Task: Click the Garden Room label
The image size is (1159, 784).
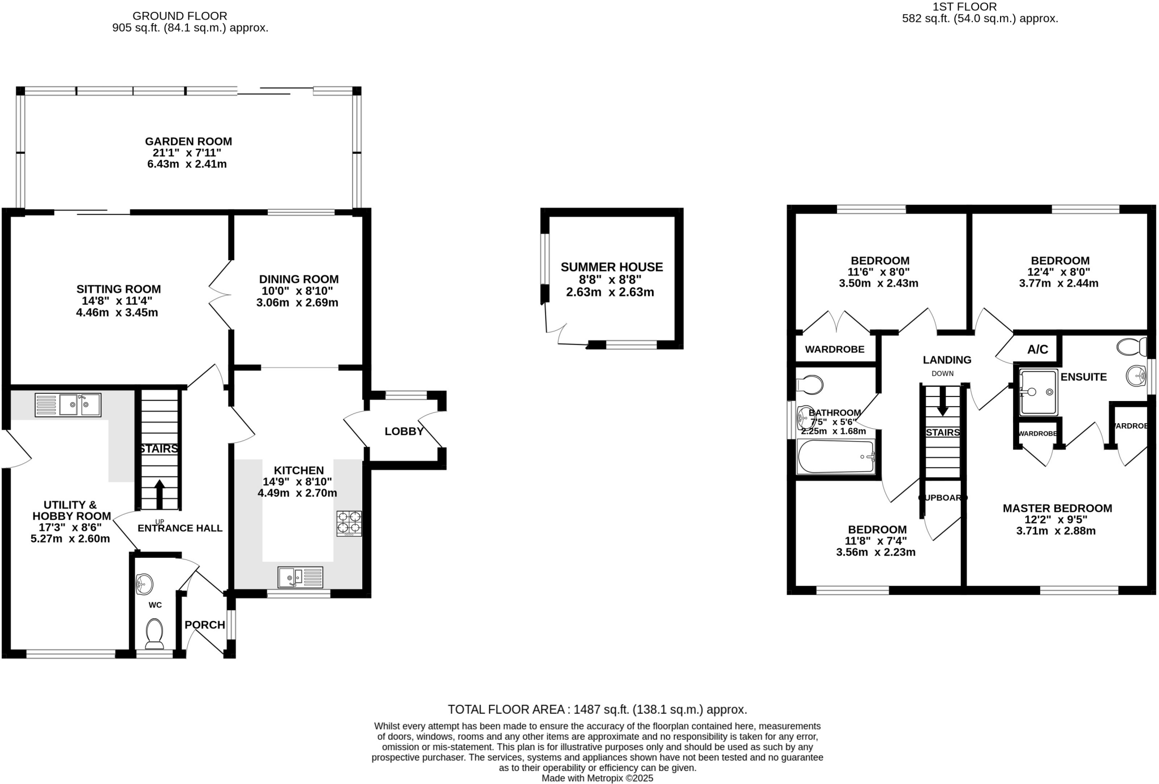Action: pyautogui.click(x=188, y=141)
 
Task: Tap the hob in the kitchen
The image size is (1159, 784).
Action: pyautogui.click(x=349, y=523)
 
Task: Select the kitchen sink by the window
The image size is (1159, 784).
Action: pyautogui.click(x=300, y=578)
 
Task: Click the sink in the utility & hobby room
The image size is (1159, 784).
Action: pyautogui.click(x=68, y=405)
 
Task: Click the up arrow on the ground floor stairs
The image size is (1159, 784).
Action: pyautogui.click(x=160, y=494)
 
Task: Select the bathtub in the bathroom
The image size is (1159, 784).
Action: pyautogui.click(x=836, y=456)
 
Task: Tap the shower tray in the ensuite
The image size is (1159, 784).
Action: pyautogui.click(x=1038, y=392)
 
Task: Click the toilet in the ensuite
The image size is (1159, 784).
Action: pyautogui.click(x=1131, y=346)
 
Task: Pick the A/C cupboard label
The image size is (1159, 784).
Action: pyautogui.click(x=1037, y=350)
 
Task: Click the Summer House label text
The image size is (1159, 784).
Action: pyautogui.click(x=611, y=267)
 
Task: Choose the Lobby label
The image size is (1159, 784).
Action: pyautogui.click(x=404, y=432)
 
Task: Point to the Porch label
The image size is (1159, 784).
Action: pyautogui.click(x=205, y=624)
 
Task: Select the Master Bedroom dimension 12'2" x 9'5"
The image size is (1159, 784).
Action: pyautogui.click(x=1056, y=519)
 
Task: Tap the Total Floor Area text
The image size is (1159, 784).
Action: pyautogui.click(x=597, y=709)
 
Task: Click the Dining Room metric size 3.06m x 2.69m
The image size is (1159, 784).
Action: pyautogui.click(x=297, y=303)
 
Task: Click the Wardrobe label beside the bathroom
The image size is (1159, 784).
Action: pyautogui.click(x=834, y=350)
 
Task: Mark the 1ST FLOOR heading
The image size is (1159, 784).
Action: pyautogui.click(x=981, y=7)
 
